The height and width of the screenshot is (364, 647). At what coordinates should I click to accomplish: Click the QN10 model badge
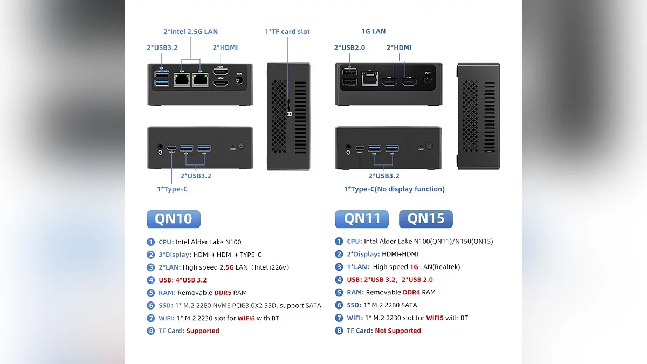173,219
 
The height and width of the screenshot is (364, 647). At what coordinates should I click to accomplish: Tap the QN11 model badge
362,219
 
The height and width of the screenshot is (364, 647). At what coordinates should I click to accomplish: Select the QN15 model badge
425,219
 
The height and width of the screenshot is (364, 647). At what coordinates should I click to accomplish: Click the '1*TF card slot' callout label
287,32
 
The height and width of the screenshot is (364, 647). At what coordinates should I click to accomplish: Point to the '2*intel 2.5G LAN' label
190,32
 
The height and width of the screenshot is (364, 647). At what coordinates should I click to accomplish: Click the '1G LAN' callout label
374,31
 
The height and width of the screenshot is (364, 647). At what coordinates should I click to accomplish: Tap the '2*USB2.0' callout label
349,47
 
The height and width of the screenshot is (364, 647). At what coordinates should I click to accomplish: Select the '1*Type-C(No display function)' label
394,189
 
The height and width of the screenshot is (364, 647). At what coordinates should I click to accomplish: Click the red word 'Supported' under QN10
203,331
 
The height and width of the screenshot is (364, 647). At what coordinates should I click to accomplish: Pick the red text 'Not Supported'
398,331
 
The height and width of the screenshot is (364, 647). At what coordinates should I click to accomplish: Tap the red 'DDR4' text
411,292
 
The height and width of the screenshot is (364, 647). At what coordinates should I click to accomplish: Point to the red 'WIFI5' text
435,318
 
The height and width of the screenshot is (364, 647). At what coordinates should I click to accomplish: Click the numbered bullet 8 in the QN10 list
151,331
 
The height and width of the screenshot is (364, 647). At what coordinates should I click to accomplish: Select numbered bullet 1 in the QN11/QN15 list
339,242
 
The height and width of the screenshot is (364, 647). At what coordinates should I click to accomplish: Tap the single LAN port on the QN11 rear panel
370,79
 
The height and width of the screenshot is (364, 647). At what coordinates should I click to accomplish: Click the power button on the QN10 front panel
240,146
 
